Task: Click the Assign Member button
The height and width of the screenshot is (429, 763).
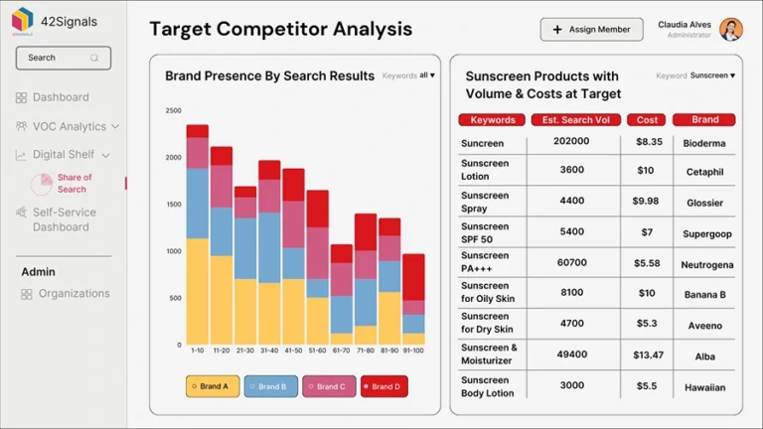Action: coord(591,30)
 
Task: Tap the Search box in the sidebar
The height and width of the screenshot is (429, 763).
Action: coord(61,58)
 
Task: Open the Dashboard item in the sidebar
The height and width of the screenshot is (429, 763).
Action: coord(60,97)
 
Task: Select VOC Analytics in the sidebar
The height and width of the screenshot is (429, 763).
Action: coord(69,126)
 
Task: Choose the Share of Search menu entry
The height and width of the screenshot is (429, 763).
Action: coord(74,184)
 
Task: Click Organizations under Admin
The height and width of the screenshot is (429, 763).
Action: coord(74,294)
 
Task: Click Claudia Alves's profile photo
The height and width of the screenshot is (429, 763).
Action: coord(731,29)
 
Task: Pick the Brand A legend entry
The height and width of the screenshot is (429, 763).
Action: coord(213,386)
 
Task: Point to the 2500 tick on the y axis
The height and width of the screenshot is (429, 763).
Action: coord(173,111)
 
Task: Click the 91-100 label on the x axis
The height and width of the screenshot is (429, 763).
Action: coord(413,351)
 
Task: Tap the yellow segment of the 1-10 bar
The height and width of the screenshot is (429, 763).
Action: coord(198,290)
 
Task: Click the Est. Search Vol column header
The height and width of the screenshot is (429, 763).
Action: coord(575,120)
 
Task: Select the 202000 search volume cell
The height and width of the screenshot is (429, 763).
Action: coord(571,142)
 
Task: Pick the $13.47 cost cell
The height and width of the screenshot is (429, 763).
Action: coord(648,355)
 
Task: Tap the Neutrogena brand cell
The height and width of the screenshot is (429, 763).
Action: coord(706,265)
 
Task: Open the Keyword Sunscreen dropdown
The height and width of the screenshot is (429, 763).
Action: coord(712,75)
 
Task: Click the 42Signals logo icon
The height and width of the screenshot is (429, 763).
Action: coord(22,19)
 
